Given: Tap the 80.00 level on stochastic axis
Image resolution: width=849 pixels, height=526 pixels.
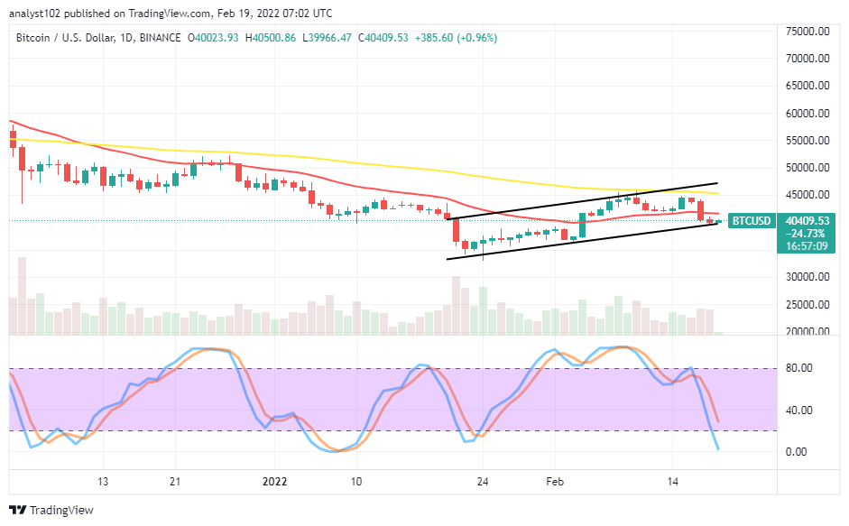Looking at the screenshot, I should coord(798,368).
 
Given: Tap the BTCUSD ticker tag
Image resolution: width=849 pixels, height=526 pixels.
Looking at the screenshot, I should coord(752,220).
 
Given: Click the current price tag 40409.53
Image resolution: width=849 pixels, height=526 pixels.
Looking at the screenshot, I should coord(807,220).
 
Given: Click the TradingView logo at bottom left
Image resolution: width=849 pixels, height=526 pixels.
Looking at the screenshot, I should coord(51,510).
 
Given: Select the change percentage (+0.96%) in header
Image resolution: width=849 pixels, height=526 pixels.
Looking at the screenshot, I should coord(477,38).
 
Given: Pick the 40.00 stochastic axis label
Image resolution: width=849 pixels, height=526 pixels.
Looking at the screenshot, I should coord(798,410).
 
